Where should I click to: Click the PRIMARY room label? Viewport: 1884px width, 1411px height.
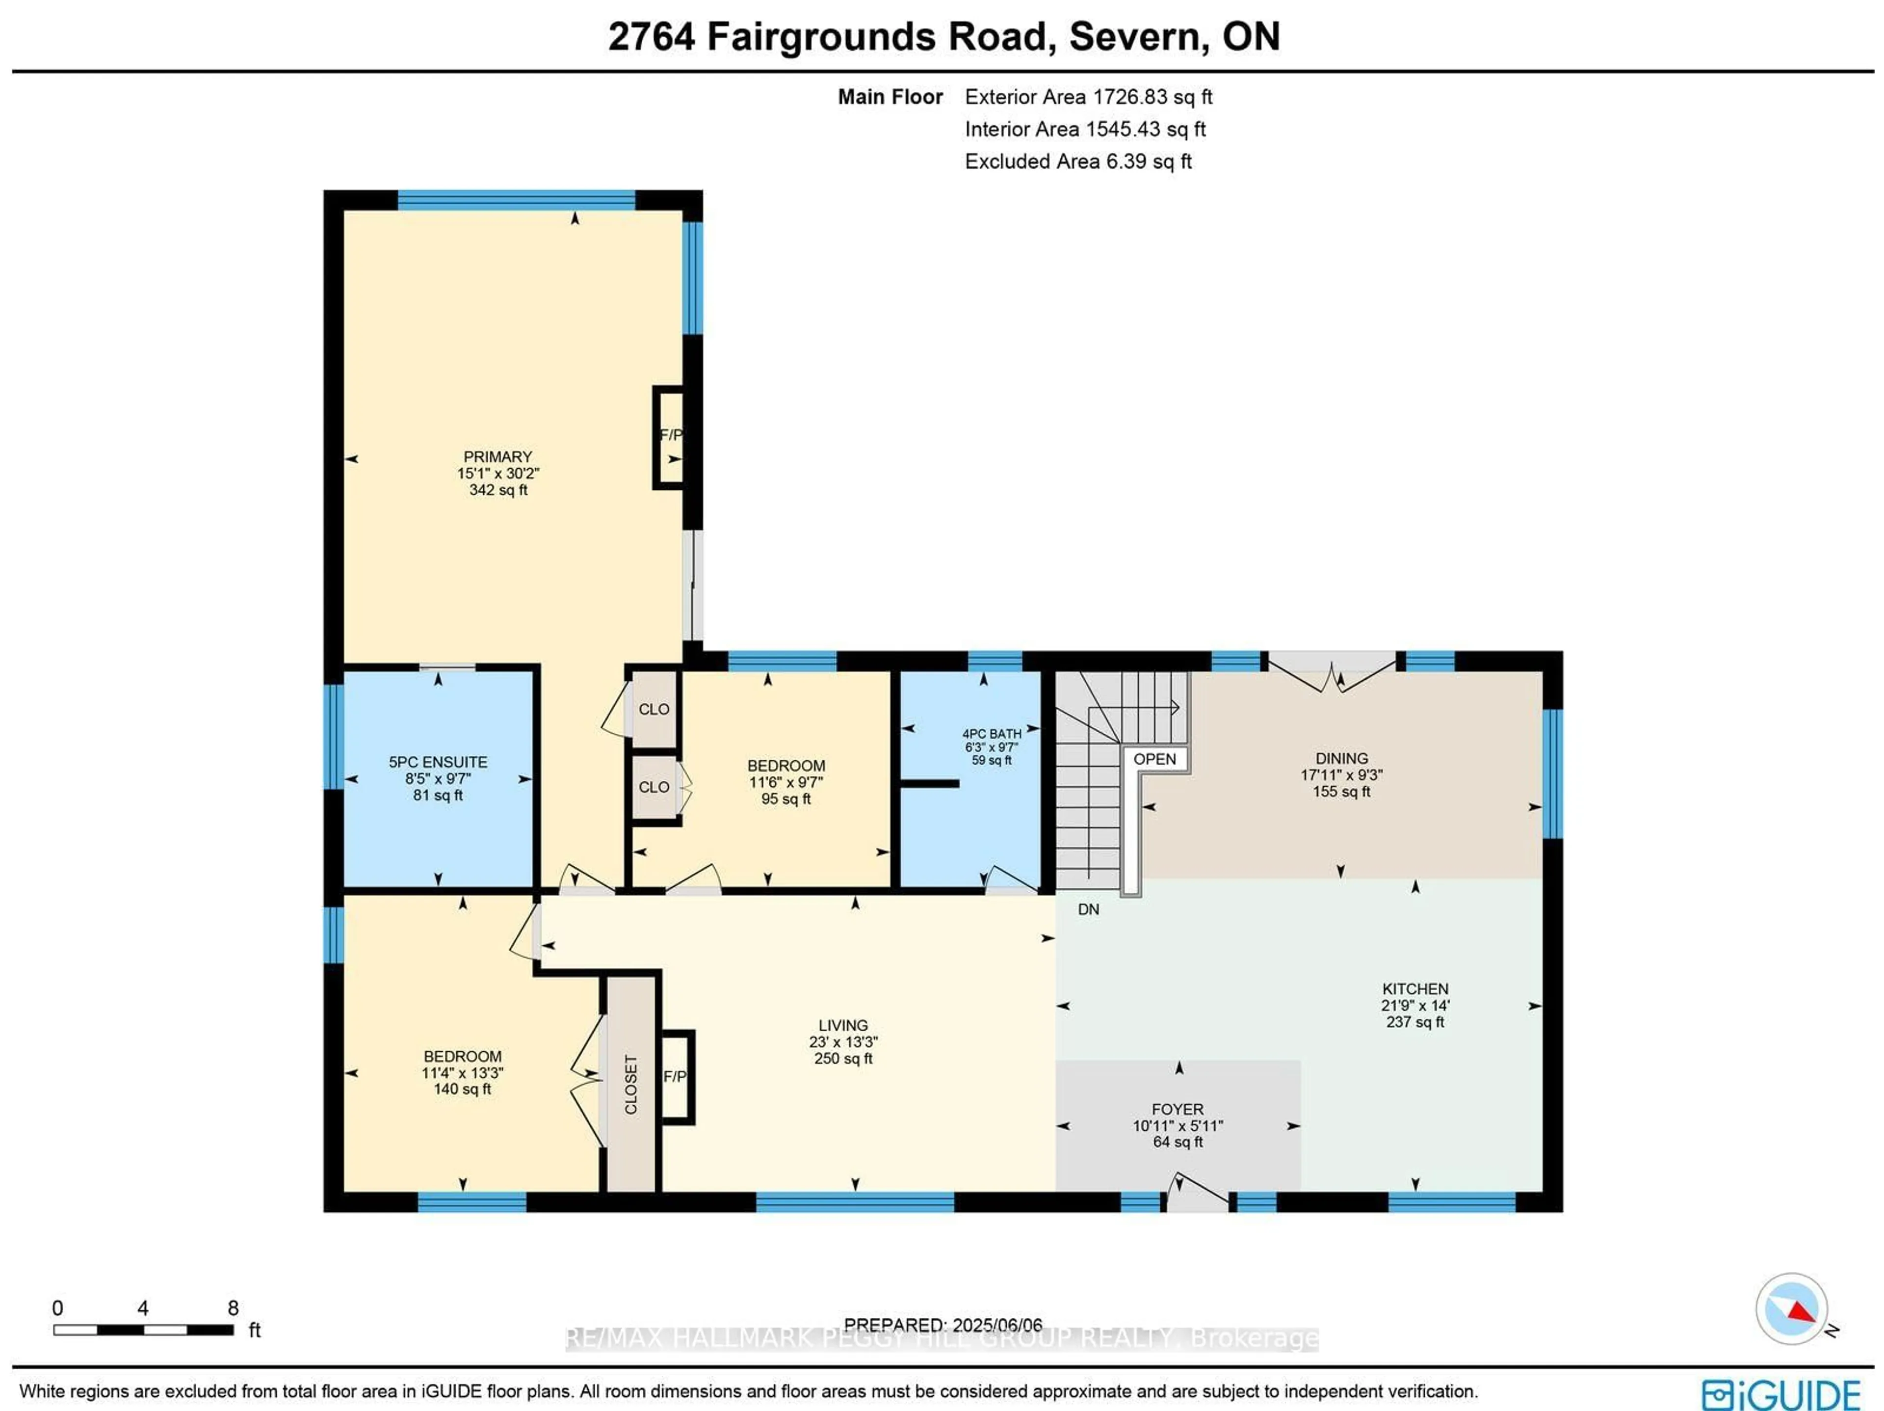coord(497,457)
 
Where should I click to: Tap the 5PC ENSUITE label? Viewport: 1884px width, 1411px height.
coord(438,762)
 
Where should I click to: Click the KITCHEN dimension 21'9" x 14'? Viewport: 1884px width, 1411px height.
coord(1414,1006)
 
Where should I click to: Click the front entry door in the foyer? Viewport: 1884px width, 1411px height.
coord(1199,1193)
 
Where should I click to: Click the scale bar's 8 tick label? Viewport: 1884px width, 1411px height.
coord(233,1308)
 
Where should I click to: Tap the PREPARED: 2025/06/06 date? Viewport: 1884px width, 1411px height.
coord(943,1325)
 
